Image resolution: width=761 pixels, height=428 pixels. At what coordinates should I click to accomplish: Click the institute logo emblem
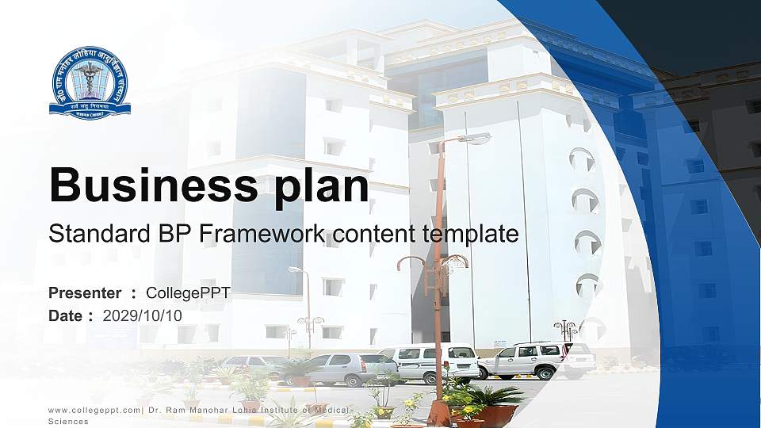pos(89,82)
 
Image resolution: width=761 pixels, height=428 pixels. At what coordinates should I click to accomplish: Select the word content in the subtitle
pos(370,235)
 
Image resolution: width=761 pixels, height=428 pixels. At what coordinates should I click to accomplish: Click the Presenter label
pos(85,293)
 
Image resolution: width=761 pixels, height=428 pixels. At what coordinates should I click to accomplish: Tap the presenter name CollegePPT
pos(188,293)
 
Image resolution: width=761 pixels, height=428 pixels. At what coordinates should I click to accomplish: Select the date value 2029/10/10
pos(143,315)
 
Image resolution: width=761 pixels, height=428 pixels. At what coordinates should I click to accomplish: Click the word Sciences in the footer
pos(68,422)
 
